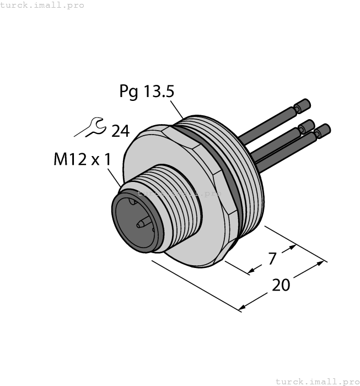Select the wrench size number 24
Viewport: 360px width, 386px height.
pyautogui.click(x=120, y=131)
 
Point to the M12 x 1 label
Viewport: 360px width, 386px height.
pyautogui.click(x=82, y=159)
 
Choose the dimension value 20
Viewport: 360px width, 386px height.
pyautogui.click(x=281, y=285)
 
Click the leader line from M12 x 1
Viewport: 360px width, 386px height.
pyautogui.click(x=117, y=177)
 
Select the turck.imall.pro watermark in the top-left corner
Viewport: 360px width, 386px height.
pyautogui.click(x=42, y=5)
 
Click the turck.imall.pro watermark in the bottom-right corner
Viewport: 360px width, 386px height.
pyautogui.click(x=316, y=381)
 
